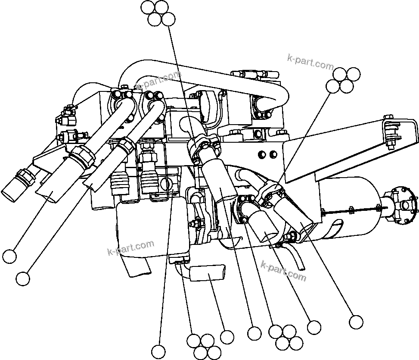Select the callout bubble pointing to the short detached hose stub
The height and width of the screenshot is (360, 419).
tap(227, 337)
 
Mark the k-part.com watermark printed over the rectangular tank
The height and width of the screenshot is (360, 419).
tap(130, 248)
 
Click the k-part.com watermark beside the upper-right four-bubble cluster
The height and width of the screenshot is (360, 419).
tap(310, 62)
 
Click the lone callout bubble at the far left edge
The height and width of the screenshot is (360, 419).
tap(9, 257)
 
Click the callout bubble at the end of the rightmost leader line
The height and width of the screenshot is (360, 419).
tap(356, 322)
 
